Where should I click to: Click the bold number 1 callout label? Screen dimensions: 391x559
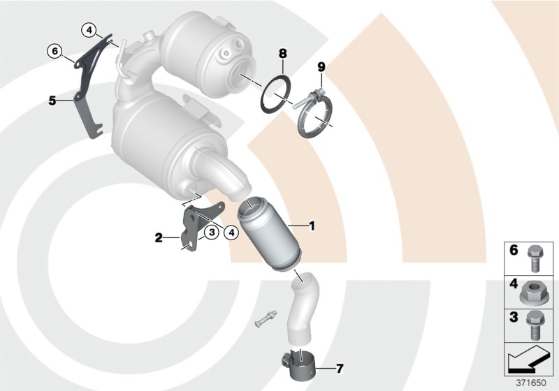coord(312,226)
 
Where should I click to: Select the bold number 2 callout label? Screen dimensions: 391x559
coord(159,238)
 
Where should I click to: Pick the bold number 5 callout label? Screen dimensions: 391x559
coord(52,101)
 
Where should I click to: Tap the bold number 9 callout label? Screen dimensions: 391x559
coord(321,67)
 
